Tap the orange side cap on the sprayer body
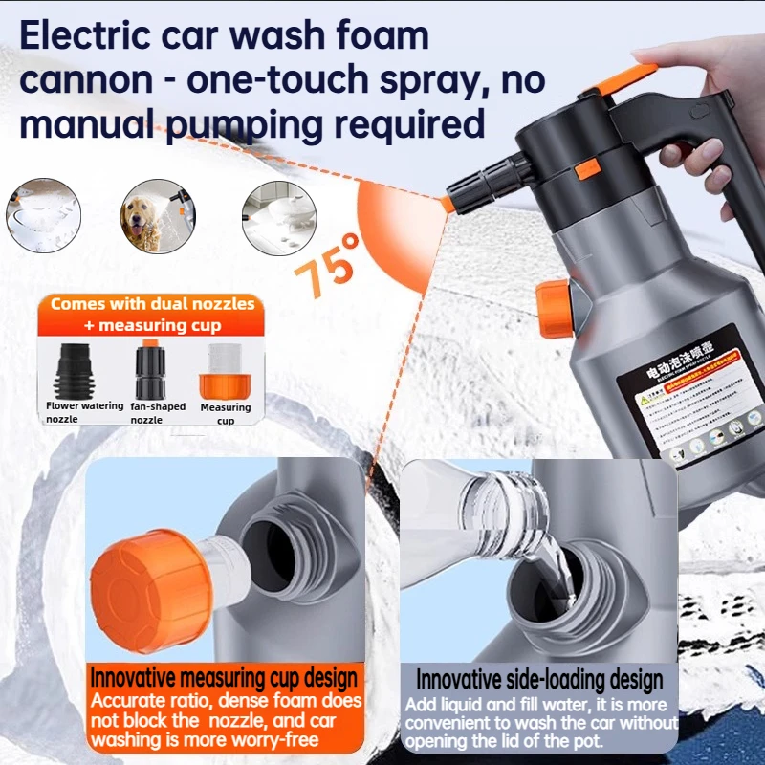point(554,308)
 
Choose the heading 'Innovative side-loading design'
point(539,680)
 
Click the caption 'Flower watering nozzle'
point(85,412)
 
